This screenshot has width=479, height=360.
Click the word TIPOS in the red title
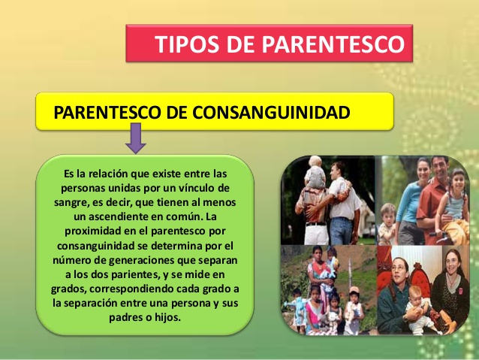tap(185, 44)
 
